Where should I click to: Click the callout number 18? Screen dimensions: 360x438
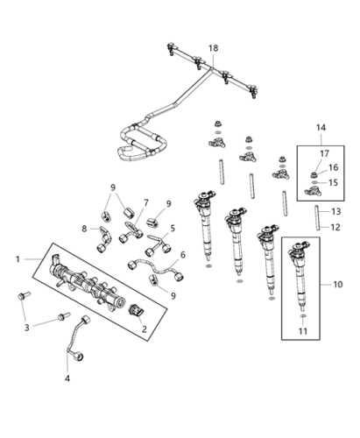214,48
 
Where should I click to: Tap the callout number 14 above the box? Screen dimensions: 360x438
321,128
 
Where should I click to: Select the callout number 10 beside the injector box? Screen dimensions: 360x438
338,284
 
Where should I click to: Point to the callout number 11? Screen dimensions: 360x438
303,331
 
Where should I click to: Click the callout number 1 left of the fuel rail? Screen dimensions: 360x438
18,259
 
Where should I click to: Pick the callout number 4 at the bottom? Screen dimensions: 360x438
67,378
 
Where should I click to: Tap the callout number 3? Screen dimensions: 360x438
27,328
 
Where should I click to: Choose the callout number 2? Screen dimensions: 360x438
145,329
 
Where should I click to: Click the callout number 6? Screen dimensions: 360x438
183,255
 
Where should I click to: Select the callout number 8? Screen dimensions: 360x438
84,229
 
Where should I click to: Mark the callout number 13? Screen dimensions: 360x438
336,211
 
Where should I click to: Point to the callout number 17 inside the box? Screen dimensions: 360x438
324,153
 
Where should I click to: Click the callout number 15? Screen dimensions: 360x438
333,182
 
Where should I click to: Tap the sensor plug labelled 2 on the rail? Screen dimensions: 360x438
136,310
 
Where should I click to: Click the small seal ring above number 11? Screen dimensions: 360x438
303,316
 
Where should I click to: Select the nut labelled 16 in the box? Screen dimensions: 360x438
314,175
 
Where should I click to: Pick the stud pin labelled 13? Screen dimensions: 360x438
317,218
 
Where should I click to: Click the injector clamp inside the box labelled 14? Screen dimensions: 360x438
313,192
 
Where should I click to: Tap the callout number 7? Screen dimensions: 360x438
145,202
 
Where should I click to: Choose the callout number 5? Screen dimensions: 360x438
173,228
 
